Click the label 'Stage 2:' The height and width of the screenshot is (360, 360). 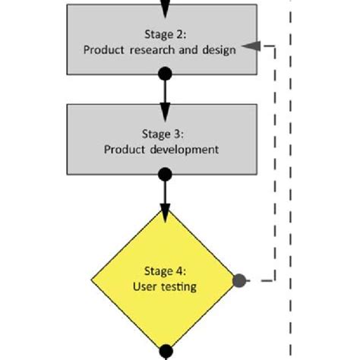pyautogui.click(x=165, y=33)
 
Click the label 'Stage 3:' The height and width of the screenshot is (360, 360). pyautogui.click(x=165, y=134)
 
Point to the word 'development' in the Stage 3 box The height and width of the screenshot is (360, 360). pyautogui.click(x=185, y=150)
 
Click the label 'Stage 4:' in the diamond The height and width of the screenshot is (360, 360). pyautogui.click(x=165, y=271)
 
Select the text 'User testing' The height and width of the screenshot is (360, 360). pyautogui.click(x=165, y=286)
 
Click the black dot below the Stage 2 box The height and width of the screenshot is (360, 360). pyautogui.click(x=165, y=74)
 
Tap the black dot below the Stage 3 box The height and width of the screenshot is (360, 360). pyautogui.click(x=165, y=175)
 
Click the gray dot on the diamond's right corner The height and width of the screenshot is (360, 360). pyautogui.click(x=239, y=280)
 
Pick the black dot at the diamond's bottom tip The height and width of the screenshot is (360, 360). pyautogui.click(x=165, y=352)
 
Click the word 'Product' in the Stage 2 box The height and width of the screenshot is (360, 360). pyautogui.click(x=125, y=49)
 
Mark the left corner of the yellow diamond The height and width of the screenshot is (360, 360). pyautogui.click(x=92, y=279)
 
